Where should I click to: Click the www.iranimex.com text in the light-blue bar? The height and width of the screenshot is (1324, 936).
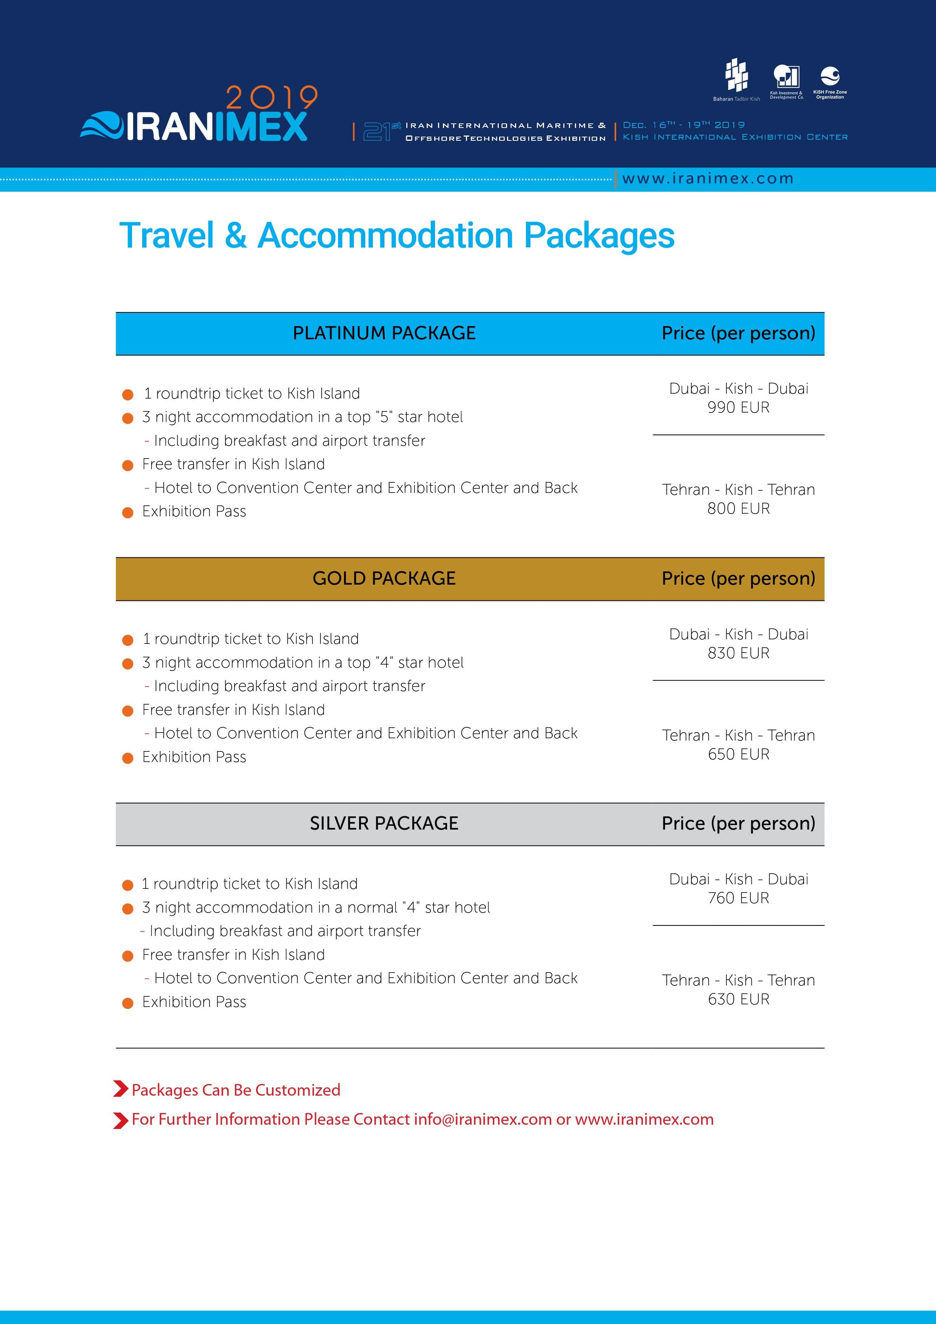(x=708, y=179)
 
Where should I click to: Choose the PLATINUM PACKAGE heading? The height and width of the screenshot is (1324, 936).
(x=384, y=333)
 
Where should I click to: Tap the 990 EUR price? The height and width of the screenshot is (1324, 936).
(x=738, y=408)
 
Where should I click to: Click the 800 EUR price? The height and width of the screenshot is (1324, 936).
(x=738, y=509)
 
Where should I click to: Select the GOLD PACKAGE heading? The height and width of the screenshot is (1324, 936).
(x=384, y=578)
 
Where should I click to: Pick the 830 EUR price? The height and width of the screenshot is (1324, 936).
(x=738, y=653)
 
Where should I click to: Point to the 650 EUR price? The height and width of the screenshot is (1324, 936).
(x=738, y=754)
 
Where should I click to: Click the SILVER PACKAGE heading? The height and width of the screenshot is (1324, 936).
(x=384, y=824)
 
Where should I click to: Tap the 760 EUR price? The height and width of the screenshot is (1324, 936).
(x=738, y=898)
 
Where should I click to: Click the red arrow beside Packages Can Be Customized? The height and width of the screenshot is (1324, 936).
(x=120, y=1089)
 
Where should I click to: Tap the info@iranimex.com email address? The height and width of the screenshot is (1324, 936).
(x=483, y=1119)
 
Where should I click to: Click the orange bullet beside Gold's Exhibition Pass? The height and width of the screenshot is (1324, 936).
(x=128, y=758)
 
